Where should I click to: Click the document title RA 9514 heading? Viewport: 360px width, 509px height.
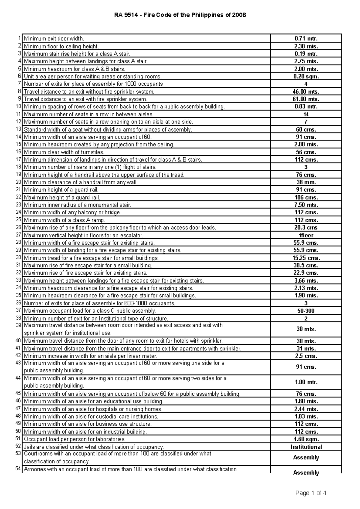180,15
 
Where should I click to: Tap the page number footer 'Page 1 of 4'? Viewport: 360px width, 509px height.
311,493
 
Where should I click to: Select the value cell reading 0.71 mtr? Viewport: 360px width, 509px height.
306,38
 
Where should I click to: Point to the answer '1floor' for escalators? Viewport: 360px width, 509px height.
306,235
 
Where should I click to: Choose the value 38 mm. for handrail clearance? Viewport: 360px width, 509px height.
306,182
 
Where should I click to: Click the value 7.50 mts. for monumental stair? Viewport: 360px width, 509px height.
306,205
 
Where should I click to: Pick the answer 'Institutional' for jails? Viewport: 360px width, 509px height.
306,447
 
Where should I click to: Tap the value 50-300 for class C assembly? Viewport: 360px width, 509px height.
306,311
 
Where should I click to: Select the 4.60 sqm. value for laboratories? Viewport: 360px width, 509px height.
306,439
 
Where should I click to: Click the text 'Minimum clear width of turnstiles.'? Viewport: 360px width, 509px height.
64,152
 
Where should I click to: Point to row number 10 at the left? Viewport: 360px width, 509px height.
19,106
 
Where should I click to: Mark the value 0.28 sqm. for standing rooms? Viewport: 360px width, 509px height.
306,76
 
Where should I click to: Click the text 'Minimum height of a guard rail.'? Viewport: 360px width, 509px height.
61,190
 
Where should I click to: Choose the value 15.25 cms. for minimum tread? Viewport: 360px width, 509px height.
306,258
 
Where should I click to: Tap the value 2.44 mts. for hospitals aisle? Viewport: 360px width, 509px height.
306,409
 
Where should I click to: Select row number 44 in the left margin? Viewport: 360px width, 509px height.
19,378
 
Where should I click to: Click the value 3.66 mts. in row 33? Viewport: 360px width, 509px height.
306,281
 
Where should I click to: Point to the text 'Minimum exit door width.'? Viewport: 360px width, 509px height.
54,38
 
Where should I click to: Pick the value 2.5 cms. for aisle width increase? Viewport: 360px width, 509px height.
306,356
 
